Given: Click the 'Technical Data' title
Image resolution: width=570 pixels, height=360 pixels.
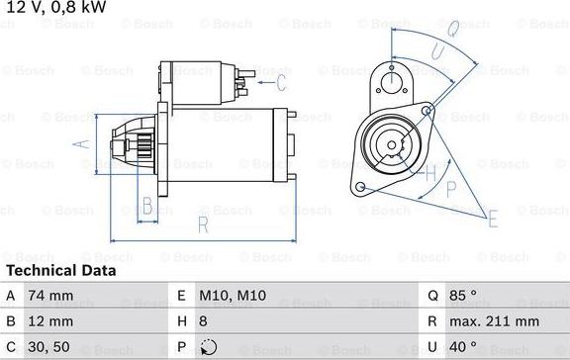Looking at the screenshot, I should tap(61, 270).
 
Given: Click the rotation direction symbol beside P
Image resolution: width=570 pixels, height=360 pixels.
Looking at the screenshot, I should tap(207, 347).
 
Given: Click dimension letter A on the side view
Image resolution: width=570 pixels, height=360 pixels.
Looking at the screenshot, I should tap(83, 144).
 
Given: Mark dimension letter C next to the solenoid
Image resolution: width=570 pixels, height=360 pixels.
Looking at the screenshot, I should tap(281, 81).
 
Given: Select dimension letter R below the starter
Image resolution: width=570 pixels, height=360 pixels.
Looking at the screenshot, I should tap(202, 226).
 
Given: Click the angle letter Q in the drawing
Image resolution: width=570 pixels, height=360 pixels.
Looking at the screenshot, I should tap(449, 32).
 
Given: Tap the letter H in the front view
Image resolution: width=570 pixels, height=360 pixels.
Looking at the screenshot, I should tap(428, 174).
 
